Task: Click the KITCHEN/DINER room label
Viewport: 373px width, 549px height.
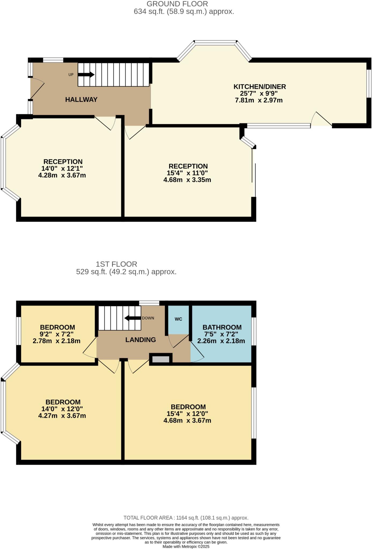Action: (259, 87)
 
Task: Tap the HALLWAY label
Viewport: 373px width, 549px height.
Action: (81, 100)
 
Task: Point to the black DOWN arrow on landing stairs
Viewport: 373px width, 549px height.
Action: (133, 318)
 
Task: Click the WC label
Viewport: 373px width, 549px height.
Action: (178, 319)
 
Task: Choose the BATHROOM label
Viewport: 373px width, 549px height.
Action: (222, 327)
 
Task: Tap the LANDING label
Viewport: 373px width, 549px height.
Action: (141, 340)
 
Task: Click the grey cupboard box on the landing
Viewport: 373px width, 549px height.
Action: (161, 359)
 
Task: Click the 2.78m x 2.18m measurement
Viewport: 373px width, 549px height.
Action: (56, 341)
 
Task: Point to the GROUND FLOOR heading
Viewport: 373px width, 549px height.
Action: (177, 4)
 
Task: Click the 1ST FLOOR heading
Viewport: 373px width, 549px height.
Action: (116, 264)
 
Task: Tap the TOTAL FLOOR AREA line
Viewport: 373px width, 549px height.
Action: (186, 518)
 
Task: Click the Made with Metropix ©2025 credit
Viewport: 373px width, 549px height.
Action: (186, 546)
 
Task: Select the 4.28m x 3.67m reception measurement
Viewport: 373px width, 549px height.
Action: (62, 176)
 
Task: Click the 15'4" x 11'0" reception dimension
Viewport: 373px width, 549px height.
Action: (187, 173)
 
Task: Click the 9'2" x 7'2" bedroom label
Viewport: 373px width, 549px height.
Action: (57, 334)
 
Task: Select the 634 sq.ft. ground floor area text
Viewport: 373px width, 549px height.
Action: (184, 12)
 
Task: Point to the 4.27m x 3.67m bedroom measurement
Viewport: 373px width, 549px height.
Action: (62, 416)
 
